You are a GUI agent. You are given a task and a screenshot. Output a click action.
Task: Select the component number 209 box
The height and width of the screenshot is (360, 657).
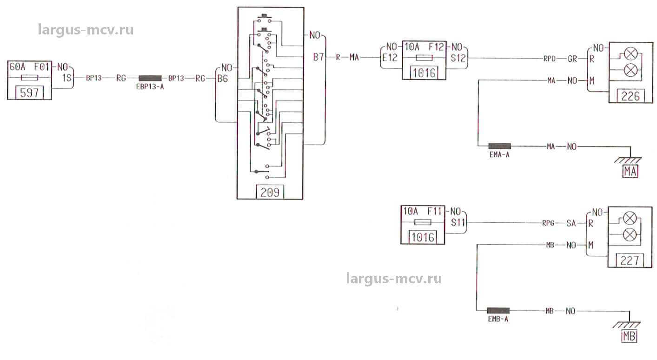point(270,192)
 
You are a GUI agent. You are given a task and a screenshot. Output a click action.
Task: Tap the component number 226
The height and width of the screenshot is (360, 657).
point(630,97)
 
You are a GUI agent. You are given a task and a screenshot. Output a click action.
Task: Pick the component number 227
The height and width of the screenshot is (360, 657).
point(630,260)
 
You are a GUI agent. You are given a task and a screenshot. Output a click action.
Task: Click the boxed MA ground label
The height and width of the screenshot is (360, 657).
point(630,172)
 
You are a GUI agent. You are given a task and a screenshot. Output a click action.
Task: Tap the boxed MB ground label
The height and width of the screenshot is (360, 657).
point(630,336)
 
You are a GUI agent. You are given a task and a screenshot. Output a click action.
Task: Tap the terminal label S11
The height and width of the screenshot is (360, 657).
point(458,223)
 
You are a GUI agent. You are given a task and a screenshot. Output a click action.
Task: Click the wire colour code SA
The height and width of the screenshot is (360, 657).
point(572,223)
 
